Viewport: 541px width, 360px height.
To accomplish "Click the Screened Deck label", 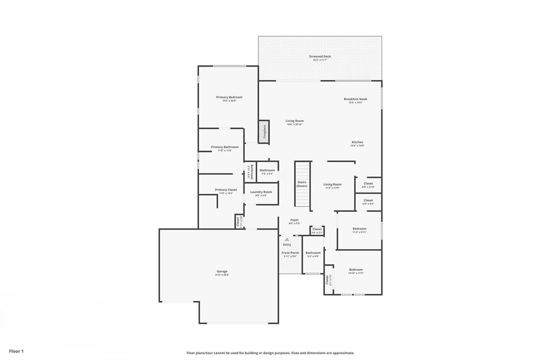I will click(x=320, y=56).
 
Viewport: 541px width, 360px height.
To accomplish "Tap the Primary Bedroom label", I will click(x=229, y=97).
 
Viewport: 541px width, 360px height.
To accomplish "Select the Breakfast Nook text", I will click(x=356, y=99).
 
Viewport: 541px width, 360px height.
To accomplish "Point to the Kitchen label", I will click(x=358, y=142).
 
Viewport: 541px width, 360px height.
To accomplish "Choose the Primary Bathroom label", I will click(x=225, y=147).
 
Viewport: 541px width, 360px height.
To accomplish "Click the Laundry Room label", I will click(x=261, y=192).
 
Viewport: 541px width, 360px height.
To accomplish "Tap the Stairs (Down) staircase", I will click(x=302, y=184).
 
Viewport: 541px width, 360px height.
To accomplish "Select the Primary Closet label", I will click(x=226, y=190).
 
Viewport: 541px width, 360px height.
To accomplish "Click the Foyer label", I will click(x=294, y=220).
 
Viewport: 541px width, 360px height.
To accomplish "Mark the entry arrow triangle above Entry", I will click(x=287, y=239).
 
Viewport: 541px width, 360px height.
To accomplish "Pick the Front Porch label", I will click(x=291, y=253).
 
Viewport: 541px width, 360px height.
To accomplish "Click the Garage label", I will click(x=222, y=271).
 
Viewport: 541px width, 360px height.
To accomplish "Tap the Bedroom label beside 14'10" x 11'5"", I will click(x=356, y=269).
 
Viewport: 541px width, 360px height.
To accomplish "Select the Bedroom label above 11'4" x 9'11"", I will click(x=359, y=229).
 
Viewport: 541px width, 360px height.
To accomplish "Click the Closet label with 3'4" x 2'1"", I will click(x=317, y=229).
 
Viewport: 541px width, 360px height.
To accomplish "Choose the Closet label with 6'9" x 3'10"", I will click(x=368, y=183).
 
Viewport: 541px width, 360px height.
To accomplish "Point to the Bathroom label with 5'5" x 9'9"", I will click(x=313, y=253).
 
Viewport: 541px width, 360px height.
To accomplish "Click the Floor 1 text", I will click(x=16, y=351).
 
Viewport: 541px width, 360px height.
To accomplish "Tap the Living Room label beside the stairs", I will click(x=332, y=184).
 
